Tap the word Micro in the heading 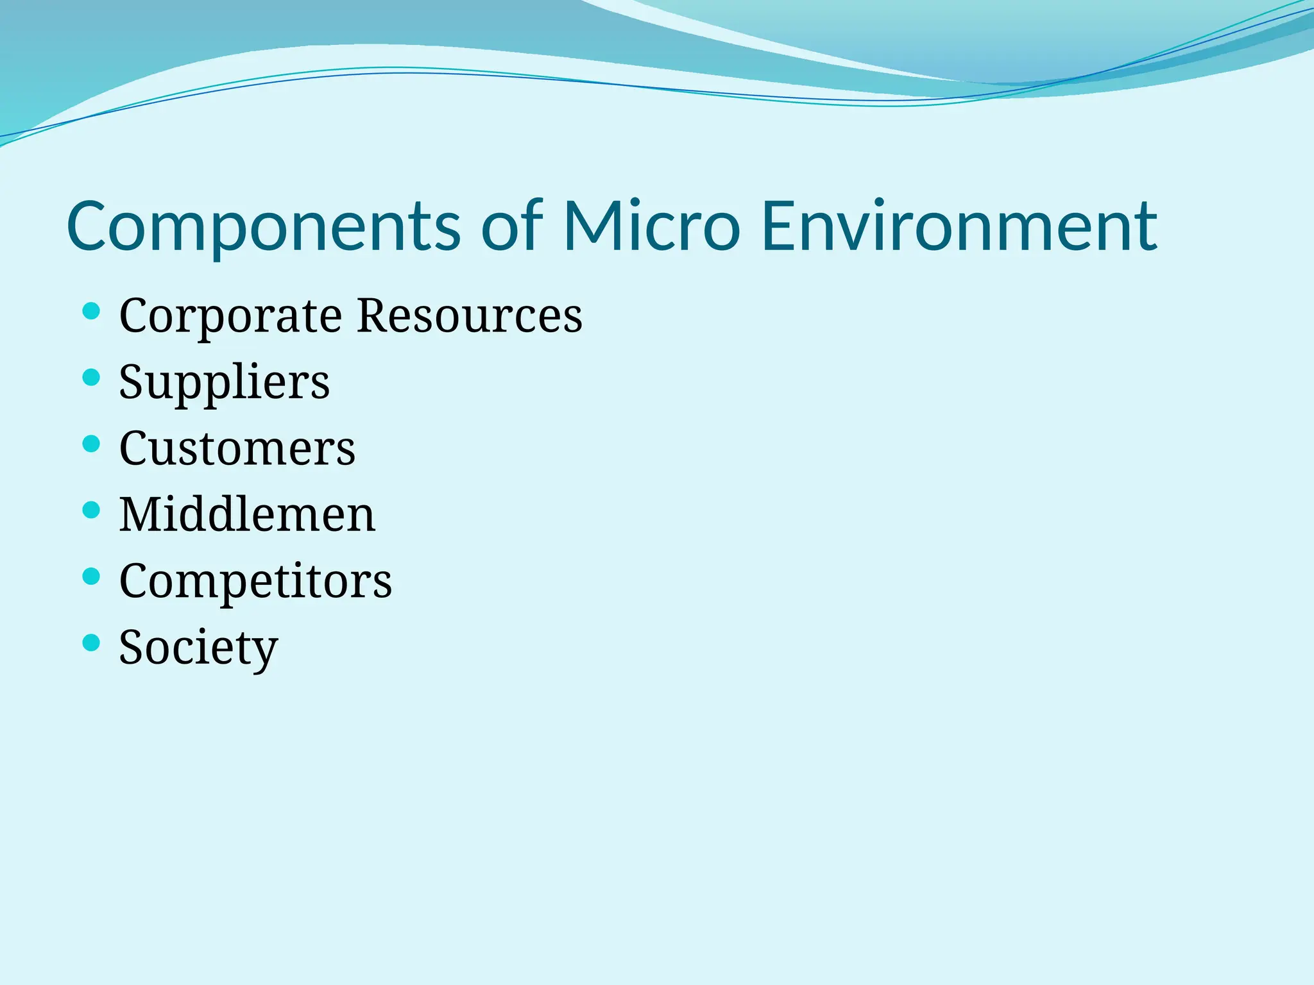651,226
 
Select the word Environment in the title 959,226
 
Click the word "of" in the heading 511,226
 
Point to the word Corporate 230,316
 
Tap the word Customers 237,448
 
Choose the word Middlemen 247,514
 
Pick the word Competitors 255,581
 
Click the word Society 198,648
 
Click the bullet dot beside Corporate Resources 92,312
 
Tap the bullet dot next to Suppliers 92,377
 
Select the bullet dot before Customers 92,444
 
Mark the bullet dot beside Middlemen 92,510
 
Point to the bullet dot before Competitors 92,577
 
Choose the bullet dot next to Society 92,643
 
